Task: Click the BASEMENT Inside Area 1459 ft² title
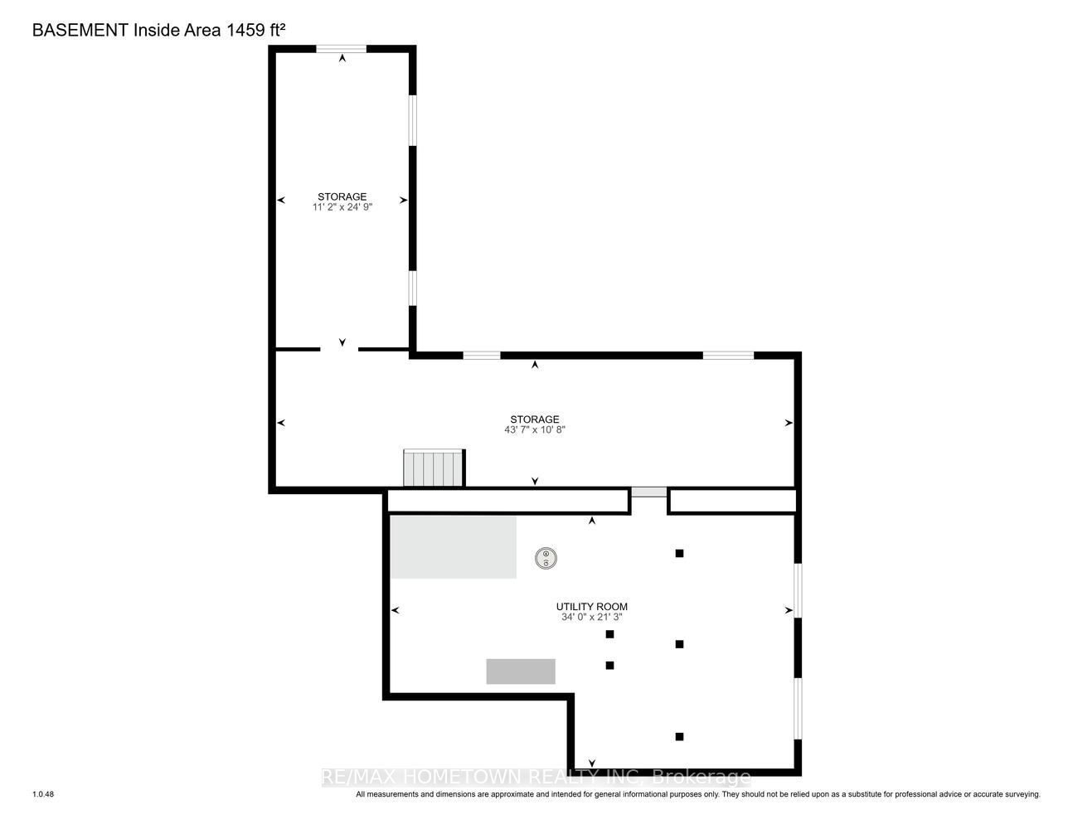pos(158,30)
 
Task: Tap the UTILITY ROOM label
pos(591,607)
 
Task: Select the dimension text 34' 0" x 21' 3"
pos(591,617)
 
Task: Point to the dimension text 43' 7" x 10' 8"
pos(534,429)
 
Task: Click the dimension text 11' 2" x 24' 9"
pos(342,206)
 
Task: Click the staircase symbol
pos(434,468)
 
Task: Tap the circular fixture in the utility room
pos(546,559)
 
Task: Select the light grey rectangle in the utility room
pos(454,547)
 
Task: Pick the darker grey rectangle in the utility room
pos(521,671)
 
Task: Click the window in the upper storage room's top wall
pos(341,48)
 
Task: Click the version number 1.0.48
pos(43,794)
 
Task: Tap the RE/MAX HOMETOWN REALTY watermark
pos(536,777)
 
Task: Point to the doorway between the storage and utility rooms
pos(648,492)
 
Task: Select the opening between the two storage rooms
pos(339,349)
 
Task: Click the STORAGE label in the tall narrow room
pos(342,196)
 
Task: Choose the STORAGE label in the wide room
pos(534,419)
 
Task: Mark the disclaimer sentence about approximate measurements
pos(698,794)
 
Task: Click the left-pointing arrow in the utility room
pos(395,610)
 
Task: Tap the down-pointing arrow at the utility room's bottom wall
pos(591,763)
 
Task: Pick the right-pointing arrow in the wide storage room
pos(789,423)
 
